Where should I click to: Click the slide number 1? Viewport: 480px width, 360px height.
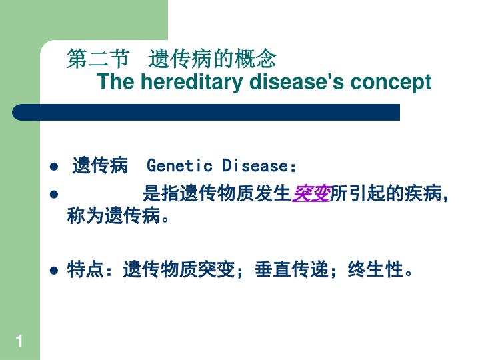(19, 341)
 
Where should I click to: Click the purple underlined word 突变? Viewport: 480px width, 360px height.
(311, 193)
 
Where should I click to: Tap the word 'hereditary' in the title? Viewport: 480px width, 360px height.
(191, 81)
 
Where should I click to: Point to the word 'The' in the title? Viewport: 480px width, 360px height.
(116, 81)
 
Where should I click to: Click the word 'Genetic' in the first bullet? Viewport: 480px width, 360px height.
(179, 165)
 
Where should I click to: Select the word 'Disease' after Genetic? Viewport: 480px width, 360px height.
(255, 165)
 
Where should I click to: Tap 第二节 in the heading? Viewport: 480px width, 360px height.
(98, 58)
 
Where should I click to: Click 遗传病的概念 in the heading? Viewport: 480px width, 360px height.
(213, 58)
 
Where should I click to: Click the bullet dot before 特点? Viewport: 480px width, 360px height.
(54, 271)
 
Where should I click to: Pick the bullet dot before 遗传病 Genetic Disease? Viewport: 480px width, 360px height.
(54, 167)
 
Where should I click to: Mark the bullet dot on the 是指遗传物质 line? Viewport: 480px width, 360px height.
(54, 195)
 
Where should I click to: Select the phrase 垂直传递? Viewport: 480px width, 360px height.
(291, 269)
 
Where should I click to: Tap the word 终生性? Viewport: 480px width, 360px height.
(375, 269)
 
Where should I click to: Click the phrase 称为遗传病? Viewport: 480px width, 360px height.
(113, 215)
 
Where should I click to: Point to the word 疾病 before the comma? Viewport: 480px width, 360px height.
(423, 193)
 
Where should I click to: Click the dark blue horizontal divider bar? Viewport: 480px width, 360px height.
(206, 112)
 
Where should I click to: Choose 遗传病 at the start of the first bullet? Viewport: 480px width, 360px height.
(100, 165)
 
